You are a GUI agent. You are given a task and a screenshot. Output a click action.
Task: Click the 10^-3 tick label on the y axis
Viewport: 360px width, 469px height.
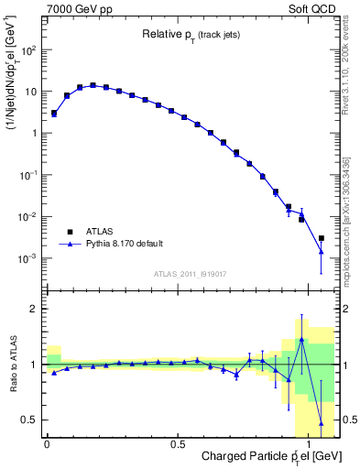tap(32, 259)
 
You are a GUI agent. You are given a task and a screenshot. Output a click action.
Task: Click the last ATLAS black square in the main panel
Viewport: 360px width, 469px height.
tap(321, 238)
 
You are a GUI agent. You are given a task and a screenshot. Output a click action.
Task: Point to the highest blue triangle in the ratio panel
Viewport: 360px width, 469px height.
tap(301, 340)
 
